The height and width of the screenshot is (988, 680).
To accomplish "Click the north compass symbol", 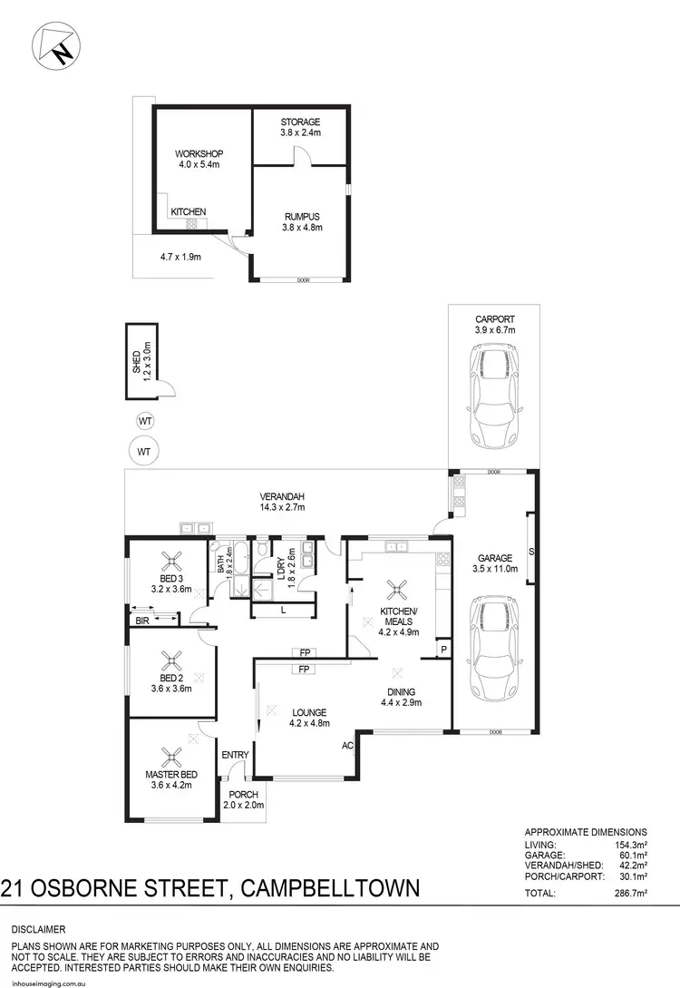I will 55,44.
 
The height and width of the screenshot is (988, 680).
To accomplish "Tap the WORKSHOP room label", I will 199,154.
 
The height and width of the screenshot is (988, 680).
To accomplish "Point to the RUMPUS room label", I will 300,216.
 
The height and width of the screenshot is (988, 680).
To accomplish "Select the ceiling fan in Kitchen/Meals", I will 396,591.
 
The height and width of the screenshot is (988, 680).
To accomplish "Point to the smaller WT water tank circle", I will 143,421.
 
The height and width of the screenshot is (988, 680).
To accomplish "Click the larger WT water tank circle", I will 143,450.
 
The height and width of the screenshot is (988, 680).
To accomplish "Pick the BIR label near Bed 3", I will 143,621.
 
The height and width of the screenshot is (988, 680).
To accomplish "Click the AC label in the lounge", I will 347,746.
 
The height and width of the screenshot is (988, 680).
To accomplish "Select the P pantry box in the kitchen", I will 443,650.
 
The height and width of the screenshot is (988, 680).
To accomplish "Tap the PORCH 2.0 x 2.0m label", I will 244,799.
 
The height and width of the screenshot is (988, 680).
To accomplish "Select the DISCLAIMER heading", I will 39,930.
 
